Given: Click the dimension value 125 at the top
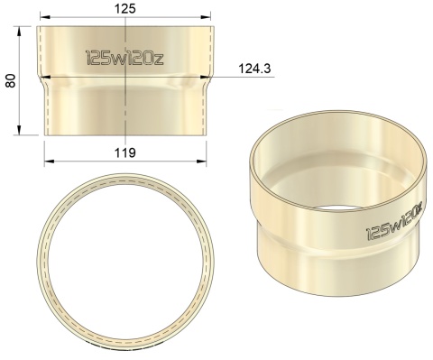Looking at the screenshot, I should pos(125,8).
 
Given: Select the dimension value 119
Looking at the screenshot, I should pos(124,152).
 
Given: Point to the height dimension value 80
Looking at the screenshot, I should pos(10,80).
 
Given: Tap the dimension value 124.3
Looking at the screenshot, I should pos(256,69).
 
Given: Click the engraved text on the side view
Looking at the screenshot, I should pos(124,58).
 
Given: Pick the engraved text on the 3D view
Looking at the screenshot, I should pos(394,221).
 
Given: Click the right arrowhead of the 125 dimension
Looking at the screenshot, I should pos(208,17).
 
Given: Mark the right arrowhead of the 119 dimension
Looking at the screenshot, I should pos(201,162).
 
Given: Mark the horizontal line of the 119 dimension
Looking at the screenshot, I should pos(90,162).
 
